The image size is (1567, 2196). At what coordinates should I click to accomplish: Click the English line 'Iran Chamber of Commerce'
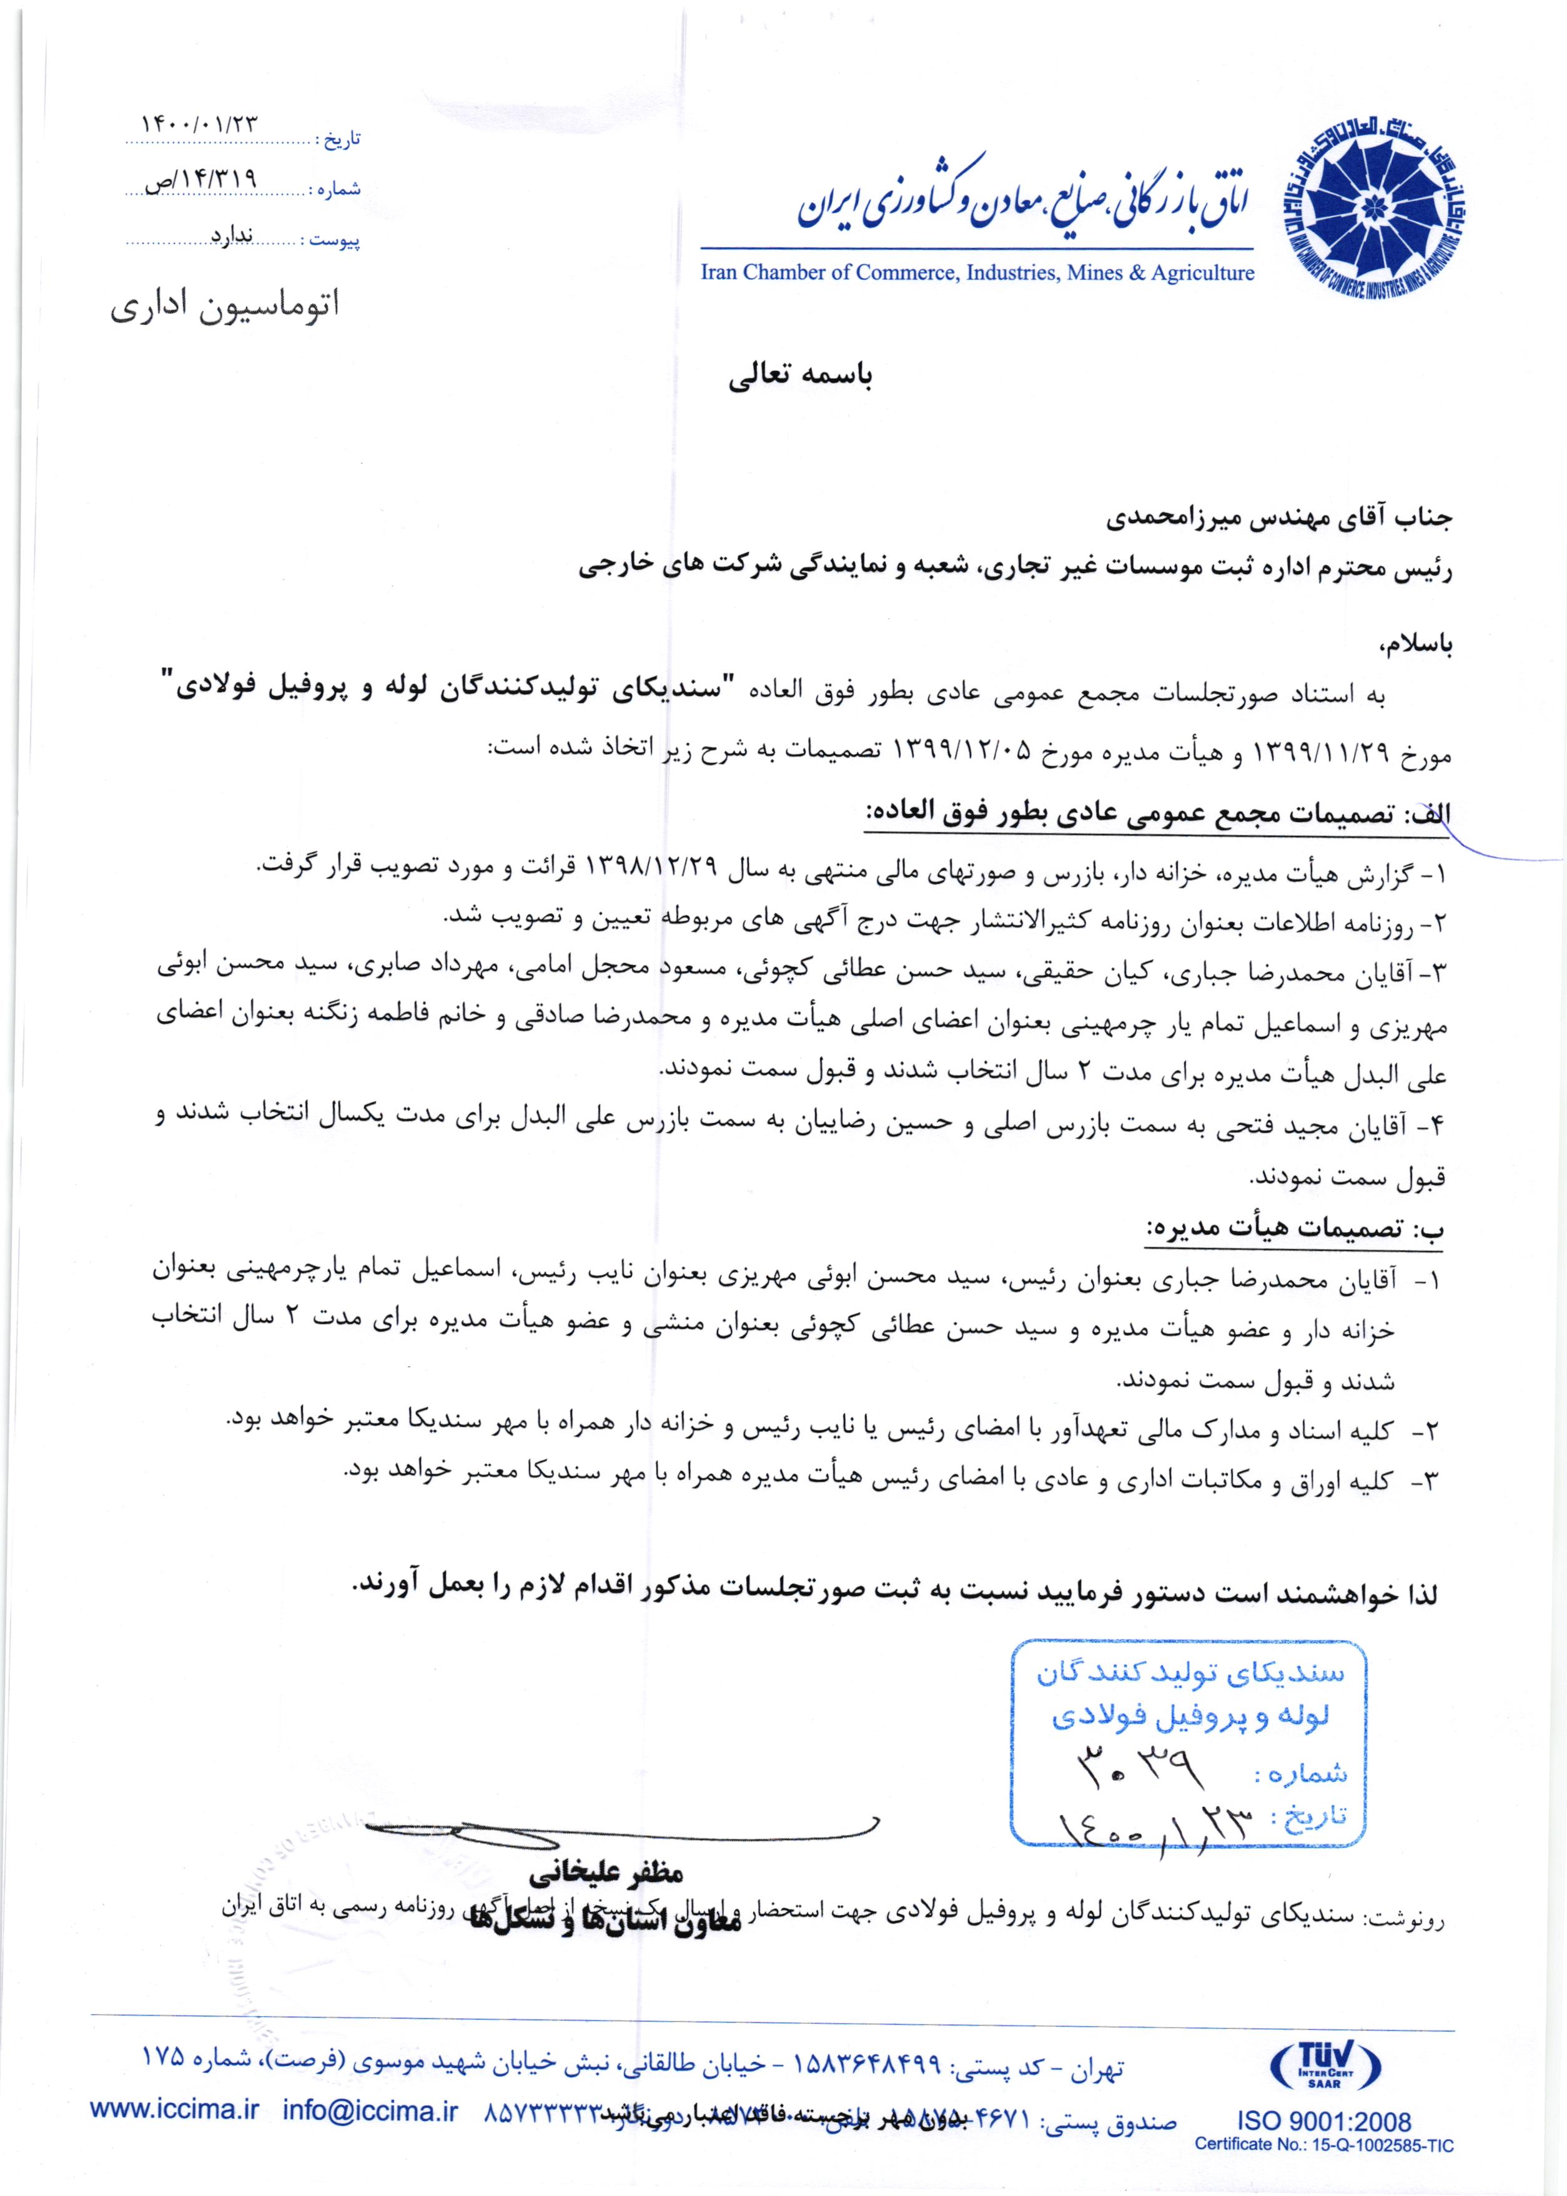pyautogui.click(x=976, y=273)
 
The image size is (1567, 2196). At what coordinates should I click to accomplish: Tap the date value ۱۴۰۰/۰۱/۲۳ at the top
pyautogui.click(x=200, y=125)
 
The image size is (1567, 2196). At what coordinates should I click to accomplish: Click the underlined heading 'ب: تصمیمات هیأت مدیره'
pyautogui.click(x=1295, y=1228)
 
